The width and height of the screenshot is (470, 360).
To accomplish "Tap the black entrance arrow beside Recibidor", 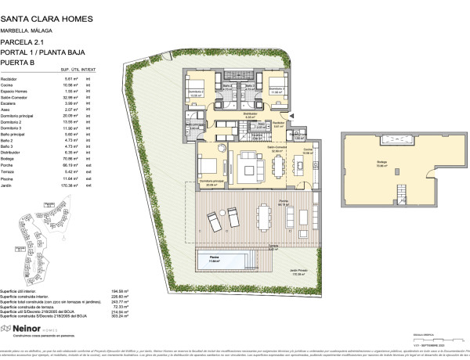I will click(x=293, y=115).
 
